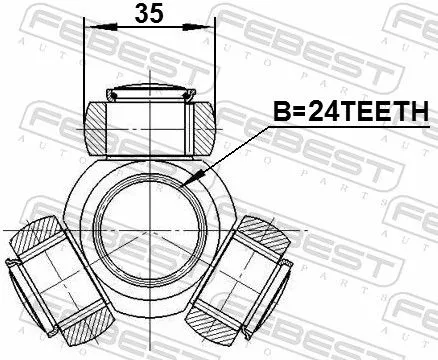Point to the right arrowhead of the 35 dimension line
click(x=210, y=31)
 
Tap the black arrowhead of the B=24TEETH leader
click(x=197, y=176)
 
